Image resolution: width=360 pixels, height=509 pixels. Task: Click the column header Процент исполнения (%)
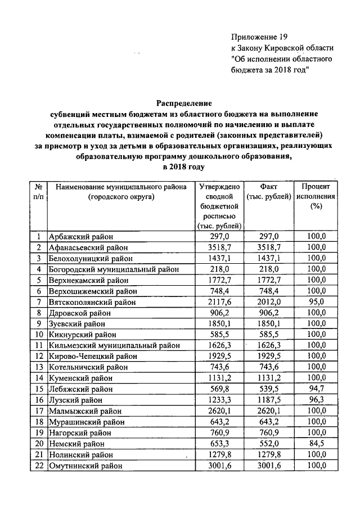[317, 195]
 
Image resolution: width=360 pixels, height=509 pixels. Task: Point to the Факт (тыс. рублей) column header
[268, 191]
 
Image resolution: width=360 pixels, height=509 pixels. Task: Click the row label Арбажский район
[81, 237]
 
